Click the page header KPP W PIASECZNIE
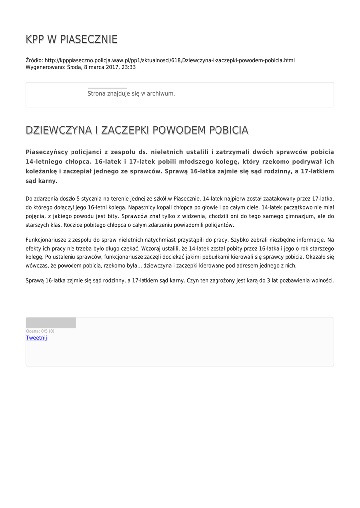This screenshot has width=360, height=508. click(x=72, y=39)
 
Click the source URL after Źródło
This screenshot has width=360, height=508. click(x=169, y=60)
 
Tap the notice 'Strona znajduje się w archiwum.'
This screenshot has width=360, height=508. click(x=131, y=93)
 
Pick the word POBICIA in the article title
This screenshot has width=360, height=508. click(x=229, y=130)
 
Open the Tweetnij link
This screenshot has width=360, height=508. click(x=36, y=338)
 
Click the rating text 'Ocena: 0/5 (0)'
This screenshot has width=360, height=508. click(x=40, y=331)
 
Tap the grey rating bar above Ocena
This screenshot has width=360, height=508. click(x=51, y=323)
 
